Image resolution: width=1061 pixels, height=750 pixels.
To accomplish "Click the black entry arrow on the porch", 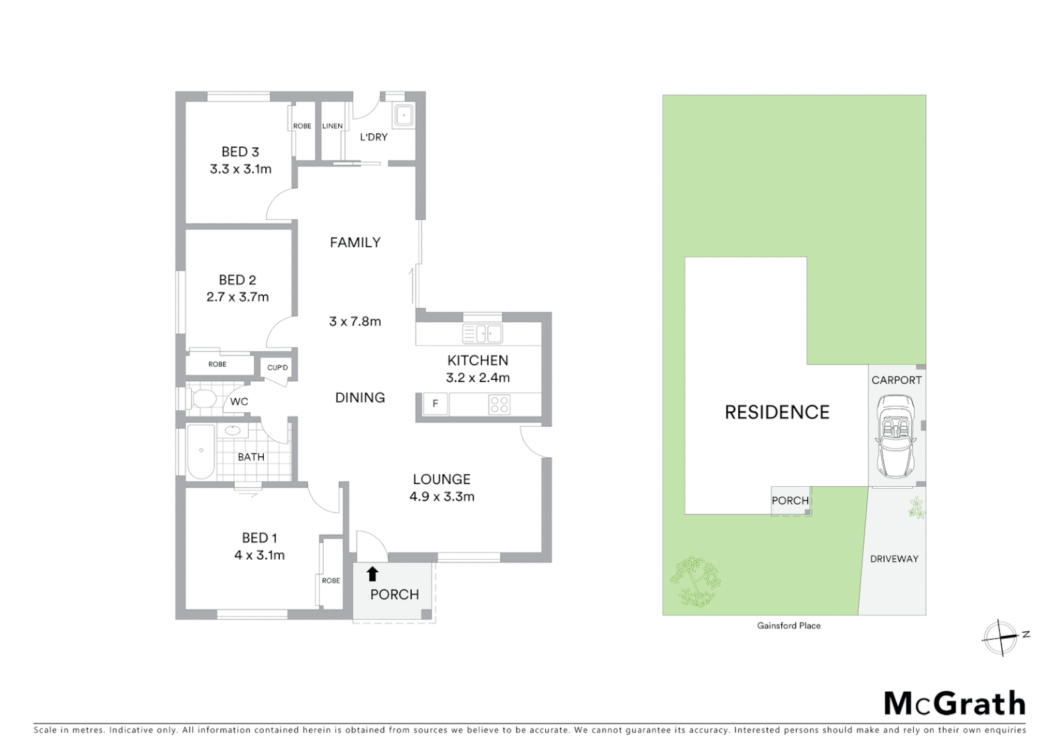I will pyautogui.click(x=372, y=574).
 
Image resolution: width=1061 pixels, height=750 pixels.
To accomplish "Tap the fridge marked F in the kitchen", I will pyautogui.click(x=435, y=403).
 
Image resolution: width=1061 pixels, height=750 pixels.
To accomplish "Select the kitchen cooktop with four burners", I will pyautogui.click(x=499, y=404).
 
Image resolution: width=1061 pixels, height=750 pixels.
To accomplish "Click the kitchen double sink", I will pyautogui.click(x=482, y=335).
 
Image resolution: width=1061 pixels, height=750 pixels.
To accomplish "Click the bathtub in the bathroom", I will pyautogui.click(x=201, y=451).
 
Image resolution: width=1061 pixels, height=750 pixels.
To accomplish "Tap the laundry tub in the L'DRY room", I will pyautogui.click(x=403, y=115).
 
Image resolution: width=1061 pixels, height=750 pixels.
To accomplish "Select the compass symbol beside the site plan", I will pyautogui.click(x=1000, y=637).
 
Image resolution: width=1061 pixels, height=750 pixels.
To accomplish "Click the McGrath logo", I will pyautogui.click(x=954, y=703).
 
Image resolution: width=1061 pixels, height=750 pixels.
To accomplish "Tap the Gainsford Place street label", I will pyautogui.click(x=789, y=626).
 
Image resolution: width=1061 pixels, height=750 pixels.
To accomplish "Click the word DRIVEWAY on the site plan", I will pyautogui.click(x=894, y=558).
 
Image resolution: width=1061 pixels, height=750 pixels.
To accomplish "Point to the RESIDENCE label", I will pyautogui.click(x=777, y=412).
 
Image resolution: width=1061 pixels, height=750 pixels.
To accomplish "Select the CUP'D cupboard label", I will pyautogui.click(x=277, y=367).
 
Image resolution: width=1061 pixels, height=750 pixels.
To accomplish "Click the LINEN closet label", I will pyautogui.click(x=332, y=126).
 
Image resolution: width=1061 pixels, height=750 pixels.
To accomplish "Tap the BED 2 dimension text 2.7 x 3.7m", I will pyautogui.click(x=237, y=297).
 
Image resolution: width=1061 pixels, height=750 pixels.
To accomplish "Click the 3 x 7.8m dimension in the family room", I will pyautogui.click(x=355, y=322).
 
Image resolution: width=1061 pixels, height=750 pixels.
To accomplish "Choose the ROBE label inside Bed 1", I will pyautogui.click(x=331, y=581).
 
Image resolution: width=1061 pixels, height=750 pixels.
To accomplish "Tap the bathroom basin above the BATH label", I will pyautogui.click(x=233, y=431).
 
